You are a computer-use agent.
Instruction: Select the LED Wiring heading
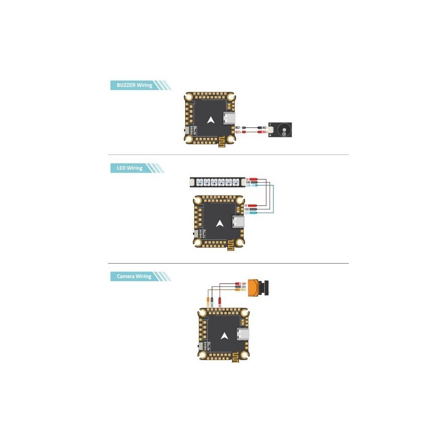[x=129, y=168]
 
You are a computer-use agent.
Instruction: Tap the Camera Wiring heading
[x=134, y=276]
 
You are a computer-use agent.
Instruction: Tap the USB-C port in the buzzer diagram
[x=227, y=118]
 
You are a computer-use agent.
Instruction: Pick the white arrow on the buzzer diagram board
[x=211, y=121]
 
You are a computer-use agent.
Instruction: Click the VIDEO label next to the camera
[x=243, y=290]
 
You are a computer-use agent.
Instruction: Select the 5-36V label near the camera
[x=243, y=283]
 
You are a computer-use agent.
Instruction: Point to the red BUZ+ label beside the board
[x=238, y=132]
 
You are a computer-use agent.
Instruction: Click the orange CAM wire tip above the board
[x=209, y=300]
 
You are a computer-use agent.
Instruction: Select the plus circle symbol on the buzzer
[x=284, y=134]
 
